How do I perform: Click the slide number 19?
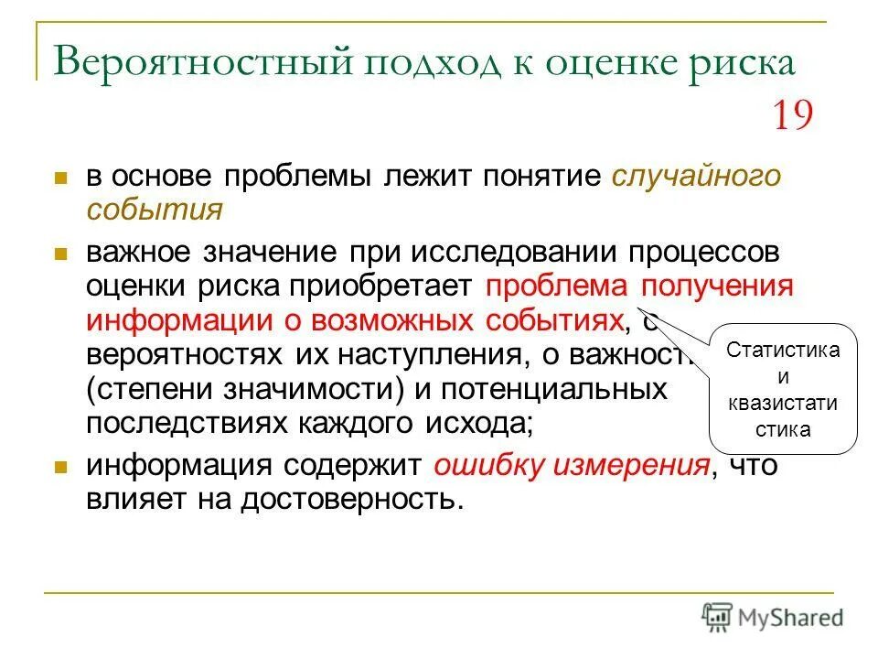[792, 116]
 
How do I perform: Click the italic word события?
[155, 210]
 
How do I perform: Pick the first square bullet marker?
[61, 177]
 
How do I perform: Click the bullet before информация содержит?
[61, 467]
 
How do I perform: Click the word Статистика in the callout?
[783, 351]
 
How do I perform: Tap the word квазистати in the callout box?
[783, 404]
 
